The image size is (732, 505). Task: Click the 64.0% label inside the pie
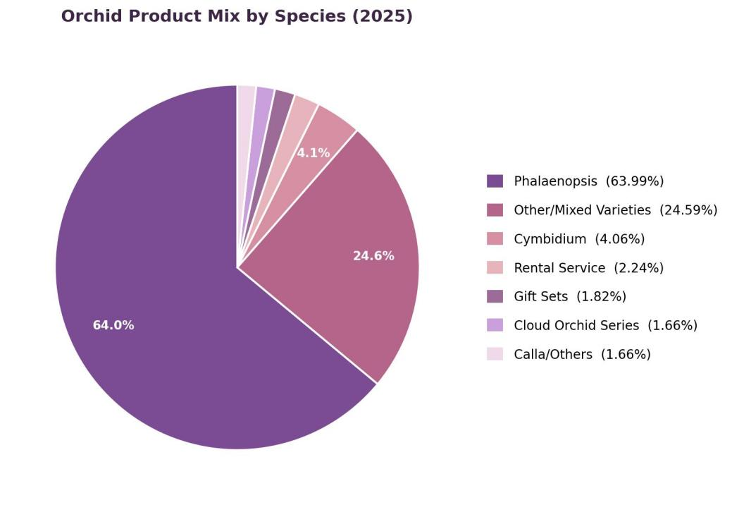click(113, 325)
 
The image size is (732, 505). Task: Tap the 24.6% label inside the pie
click(373, 256)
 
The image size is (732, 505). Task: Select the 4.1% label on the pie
click(314, 153)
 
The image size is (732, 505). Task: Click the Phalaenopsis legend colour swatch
click(495, 181)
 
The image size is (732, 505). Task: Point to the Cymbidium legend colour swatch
click(495, 238)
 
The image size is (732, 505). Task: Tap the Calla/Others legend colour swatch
click(495, 354)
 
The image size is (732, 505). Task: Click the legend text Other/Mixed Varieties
click(582, 210)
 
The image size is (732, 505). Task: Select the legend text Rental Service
click(559, 268)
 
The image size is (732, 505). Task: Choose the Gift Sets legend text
click(540, 297)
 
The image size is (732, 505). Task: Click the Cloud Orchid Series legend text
click(576, 325)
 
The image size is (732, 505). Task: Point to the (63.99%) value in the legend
click(635, 181)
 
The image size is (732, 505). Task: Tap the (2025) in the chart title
click(383, 16)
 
